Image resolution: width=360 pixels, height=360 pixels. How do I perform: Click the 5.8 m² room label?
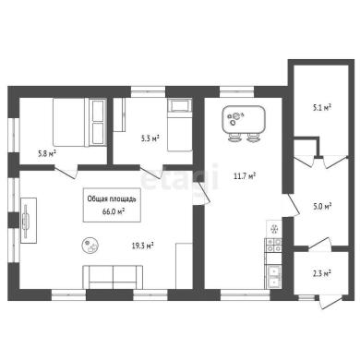[x=46, y=153]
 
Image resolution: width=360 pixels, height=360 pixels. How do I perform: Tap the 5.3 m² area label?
[x=150, y=138]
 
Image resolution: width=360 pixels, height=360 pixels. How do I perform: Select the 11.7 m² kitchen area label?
[x=245, y=176]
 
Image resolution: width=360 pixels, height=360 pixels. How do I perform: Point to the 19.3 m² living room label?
[x=143, y=246]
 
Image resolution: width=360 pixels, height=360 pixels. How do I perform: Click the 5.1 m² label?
[x=322, y=108]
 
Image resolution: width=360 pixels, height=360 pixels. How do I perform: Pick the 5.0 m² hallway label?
[x=322, y=206]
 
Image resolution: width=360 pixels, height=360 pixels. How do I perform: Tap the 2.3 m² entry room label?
[x=322, y=273]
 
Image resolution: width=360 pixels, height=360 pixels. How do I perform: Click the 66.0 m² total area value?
[x=114, y=211]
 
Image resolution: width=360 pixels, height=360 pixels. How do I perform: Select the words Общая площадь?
[x=112, y=199]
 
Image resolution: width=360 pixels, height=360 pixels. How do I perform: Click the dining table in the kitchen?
[x=244, y=119]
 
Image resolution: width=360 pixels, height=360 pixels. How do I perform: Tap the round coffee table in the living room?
[x=90, y=246]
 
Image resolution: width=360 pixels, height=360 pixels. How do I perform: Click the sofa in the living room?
[x=113, y=277]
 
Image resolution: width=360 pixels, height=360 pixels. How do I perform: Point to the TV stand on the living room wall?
[x=29, y=221]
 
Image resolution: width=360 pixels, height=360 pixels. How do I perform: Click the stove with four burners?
[x=273, y=246]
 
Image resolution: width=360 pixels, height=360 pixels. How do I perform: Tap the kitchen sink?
[x=273, y=277]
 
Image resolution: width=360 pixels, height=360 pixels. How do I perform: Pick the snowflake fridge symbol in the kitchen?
[x=274, y=229]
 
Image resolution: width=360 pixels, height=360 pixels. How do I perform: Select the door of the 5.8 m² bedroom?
[x=66, y=172]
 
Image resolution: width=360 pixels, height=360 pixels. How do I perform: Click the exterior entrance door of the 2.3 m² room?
[x=330, y=302]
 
